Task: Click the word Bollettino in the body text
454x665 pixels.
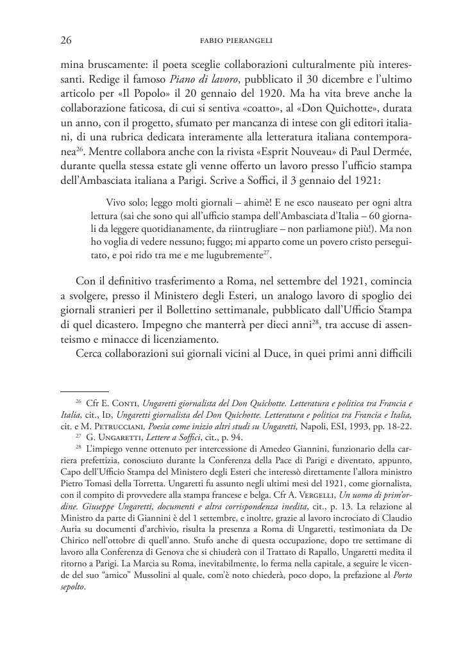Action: (x=170, y=309)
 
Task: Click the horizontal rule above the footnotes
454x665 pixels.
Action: (x=85, y=391)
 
